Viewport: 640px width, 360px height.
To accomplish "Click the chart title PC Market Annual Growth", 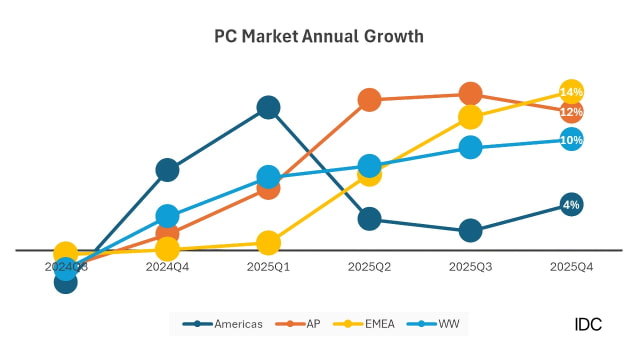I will point(319,36).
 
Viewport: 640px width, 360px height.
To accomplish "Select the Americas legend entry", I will point(229,323).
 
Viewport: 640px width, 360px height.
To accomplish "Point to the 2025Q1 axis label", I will point(268,267).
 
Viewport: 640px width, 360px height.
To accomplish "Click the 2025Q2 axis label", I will point(369,267).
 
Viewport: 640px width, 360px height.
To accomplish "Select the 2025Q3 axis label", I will point(470,267).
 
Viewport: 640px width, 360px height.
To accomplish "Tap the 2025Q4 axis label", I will point(571,267).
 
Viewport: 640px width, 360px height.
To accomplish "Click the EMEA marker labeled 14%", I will point(571,92).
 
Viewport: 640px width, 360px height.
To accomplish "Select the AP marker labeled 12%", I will point(571,112).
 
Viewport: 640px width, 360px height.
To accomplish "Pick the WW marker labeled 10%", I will point(571,140).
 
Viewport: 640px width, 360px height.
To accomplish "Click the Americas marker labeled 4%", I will point(571,205).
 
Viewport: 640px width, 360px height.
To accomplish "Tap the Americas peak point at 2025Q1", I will point(268,107).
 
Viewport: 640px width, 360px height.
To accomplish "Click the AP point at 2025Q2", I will point(369,99).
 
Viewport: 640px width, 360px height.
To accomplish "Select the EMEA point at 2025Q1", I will point(268,242).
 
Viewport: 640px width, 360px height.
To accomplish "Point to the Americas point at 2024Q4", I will point(167,170).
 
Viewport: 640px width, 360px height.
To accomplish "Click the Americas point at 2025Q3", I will point(470,230).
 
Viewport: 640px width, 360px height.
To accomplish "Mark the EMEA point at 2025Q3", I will point(470,117).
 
